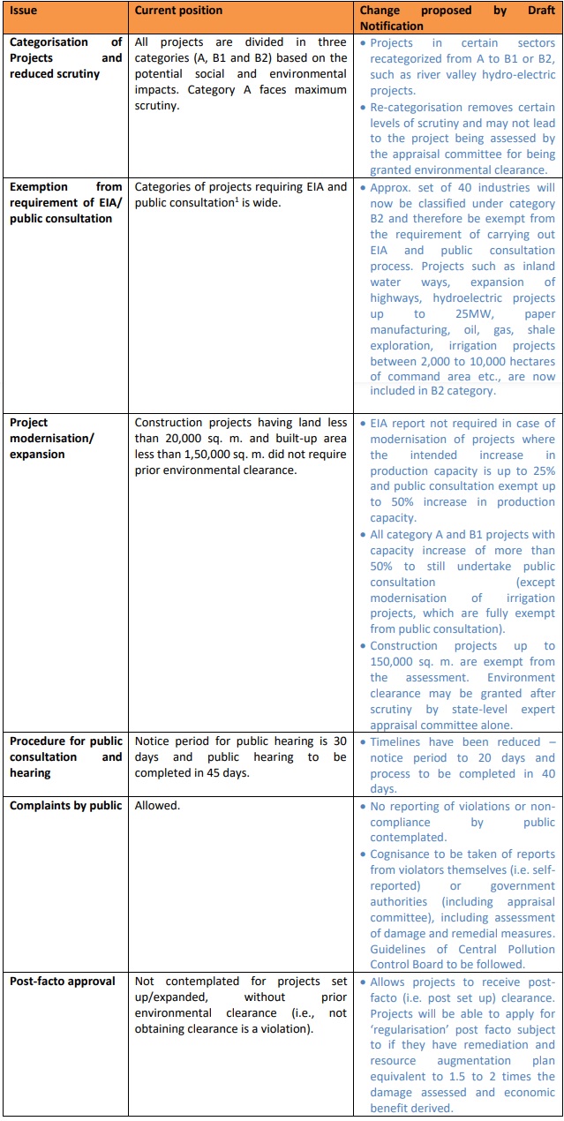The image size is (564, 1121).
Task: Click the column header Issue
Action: point(24,11)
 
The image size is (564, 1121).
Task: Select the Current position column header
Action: point(178,11)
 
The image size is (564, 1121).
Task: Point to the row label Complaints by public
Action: point(65,806)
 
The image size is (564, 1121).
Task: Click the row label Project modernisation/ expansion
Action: point(52,439)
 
